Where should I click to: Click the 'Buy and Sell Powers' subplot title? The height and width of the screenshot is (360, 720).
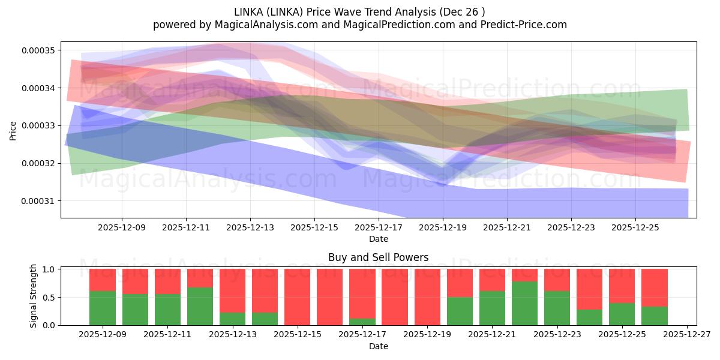pos(378,257)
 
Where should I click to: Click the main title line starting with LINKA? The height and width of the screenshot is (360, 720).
pos(360,11)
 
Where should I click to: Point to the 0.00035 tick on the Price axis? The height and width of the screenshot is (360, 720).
pos(37,50)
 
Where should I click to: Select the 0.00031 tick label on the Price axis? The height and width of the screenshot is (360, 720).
pos(37,201)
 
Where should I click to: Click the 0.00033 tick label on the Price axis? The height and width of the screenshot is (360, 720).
pos(37,125)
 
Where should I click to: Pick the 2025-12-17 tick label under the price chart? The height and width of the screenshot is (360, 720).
pos(379,228)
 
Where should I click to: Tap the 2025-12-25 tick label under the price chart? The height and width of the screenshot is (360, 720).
pos(635,228)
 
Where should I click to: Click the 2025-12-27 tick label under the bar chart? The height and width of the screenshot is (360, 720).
pos(686,335)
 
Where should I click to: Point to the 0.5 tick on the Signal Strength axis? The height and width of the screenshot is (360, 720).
pos(50,297)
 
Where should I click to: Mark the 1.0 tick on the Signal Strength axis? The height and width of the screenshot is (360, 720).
pos(50,269)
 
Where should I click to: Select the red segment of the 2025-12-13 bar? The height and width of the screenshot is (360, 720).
pos(232,290)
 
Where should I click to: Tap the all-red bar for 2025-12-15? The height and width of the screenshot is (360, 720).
pos(297,297)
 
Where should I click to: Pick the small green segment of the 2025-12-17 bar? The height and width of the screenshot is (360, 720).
pos(362,322)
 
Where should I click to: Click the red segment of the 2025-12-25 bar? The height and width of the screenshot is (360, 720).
pos(622,286)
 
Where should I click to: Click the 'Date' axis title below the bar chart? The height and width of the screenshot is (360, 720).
pos(378,346)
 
